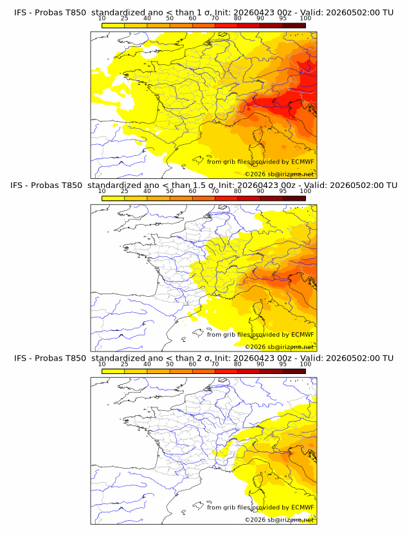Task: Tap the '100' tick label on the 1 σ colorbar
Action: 305,18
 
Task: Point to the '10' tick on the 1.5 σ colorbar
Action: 102,191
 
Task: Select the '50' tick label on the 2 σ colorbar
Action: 170,364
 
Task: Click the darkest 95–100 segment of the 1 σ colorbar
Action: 294,25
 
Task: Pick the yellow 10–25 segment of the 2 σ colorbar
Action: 113,371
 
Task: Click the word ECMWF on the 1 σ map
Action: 303,162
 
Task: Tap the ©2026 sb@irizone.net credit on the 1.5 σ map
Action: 279,347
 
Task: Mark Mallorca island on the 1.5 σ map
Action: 197,332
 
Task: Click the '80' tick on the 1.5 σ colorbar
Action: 238,191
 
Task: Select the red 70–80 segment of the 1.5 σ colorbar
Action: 226,198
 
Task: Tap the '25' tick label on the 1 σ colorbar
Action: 125,18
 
